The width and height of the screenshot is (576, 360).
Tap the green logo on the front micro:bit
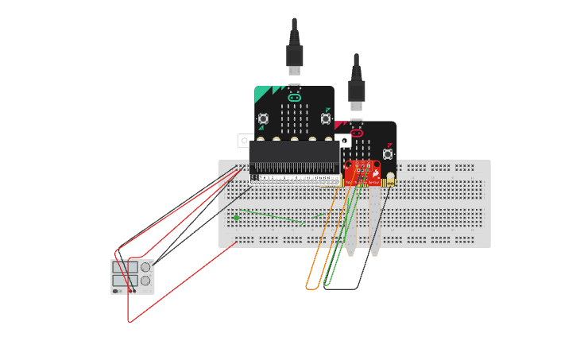(295, 98)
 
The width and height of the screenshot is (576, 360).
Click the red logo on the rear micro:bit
(357, 133)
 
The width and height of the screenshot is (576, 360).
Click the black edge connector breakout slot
(295, 157)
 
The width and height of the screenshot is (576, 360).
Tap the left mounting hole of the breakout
(244, 141)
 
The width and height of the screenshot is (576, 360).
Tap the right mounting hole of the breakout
(345, 141)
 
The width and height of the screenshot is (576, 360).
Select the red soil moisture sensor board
(362, 172)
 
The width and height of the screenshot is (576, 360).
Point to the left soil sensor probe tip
(350, 252)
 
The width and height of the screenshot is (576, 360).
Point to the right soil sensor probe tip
(375, 252)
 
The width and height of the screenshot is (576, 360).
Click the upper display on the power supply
(125, 268)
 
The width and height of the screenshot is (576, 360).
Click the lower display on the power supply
(125, 281)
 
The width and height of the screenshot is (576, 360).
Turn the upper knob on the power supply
(145, 268)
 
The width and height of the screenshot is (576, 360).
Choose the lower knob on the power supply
(145, 281)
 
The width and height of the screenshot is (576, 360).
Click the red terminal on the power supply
(133, 291)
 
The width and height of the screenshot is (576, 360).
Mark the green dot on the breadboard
(236, 217)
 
